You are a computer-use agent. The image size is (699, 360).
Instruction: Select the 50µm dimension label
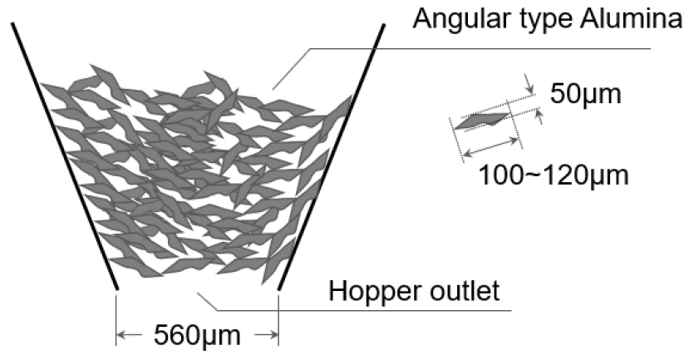click(585, 94)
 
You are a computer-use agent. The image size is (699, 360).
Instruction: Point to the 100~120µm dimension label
click(554, 175)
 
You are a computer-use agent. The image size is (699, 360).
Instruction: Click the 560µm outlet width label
click(197, 335)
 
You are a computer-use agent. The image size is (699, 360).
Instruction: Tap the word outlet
click(470, 290)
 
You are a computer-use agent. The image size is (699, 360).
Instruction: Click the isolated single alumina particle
click(482, 121)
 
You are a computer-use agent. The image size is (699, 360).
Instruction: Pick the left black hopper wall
click(65, 156)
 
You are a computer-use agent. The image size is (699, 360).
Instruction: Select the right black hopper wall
click(331, 156)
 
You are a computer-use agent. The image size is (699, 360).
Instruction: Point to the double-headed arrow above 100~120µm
click(491, 148)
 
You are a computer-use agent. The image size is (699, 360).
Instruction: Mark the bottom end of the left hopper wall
click(117, 288)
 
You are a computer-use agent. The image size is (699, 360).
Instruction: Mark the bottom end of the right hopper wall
click(278, 288)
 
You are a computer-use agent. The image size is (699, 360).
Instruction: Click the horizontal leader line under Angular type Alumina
click(480, 48)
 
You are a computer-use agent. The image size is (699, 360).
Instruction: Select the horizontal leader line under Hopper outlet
click(364, 310)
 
